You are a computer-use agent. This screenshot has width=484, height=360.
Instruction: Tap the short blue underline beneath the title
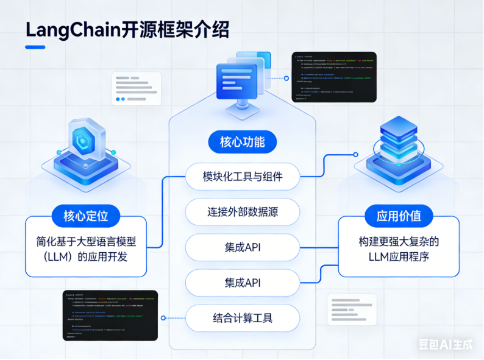click(35, 47)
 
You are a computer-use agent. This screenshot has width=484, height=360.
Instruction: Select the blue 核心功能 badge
click(242, 143)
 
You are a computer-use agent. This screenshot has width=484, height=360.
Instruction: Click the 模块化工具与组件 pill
click(243, 177)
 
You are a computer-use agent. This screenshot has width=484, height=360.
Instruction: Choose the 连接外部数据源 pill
click(243, 212)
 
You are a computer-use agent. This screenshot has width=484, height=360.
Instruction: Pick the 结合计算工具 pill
click(243, 317)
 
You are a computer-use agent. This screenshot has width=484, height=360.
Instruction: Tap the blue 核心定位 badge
click(86, 215)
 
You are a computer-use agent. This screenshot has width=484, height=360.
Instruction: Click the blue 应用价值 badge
click(399, 216)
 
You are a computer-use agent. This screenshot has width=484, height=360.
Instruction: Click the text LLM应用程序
click(399, 256)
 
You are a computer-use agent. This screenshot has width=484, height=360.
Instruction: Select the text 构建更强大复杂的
click(399, 241)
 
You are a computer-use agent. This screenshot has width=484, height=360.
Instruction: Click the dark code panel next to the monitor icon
click(333, 77)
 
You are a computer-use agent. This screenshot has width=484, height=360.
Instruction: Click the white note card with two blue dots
click(136, 88)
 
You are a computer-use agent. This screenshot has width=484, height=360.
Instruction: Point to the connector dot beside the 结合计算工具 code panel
click(163, 318)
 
